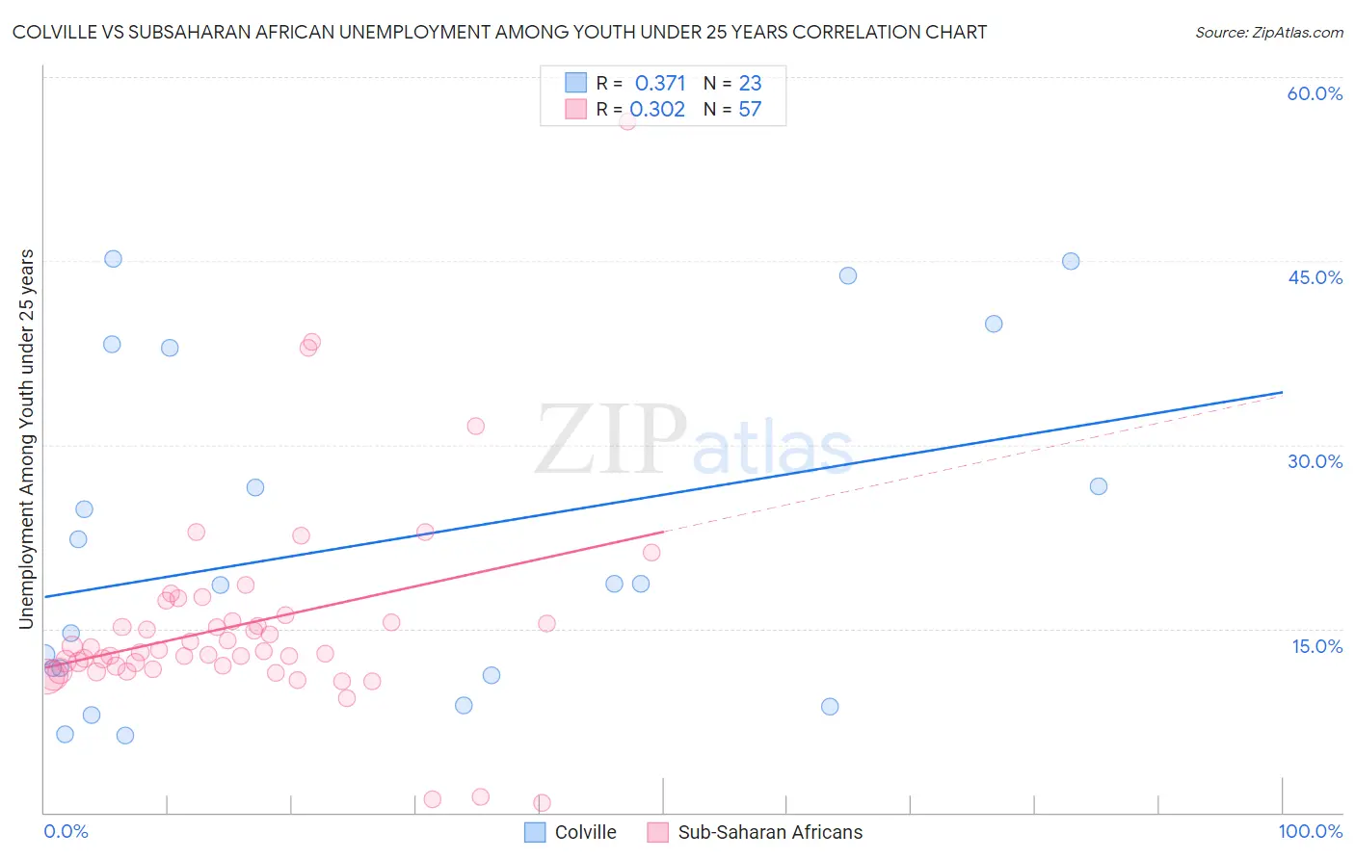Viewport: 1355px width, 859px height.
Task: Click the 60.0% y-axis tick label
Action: click(1315, 93)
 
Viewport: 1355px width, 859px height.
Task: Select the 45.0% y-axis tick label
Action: click(1315, 277)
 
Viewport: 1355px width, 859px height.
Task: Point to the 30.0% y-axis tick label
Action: click(1315, 461)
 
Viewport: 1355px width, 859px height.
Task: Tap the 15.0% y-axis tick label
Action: click(1316, 646)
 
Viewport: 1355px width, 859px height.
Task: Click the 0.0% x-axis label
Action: click(66, 831)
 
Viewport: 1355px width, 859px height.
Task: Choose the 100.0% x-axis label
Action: click(1310, 831)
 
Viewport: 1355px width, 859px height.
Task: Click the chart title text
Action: click(499, 32)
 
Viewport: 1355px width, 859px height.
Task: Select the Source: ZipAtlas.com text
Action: click(1268, 32)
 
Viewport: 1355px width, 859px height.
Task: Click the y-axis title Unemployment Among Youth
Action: click(26, 439)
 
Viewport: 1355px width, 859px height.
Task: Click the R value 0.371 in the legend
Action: click(659, 84)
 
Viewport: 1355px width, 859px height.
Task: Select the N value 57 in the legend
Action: click(750, 110)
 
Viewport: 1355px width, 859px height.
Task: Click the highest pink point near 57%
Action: click(626, 120)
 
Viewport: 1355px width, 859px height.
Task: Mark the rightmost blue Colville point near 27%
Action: click(1098, 486)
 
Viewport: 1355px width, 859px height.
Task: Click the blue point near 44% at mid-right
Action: click(847, 275)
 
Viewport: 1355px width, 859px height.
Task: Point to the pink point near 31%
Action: click(475, 426)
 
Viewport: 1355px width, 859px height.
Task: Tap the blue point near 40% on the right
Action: click(994, 324)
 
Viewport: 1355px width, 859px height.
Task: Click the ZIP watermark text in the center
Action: click(611, 441)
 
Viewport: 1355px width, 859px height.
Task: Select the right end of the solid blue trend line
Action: click(1282, 392)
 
